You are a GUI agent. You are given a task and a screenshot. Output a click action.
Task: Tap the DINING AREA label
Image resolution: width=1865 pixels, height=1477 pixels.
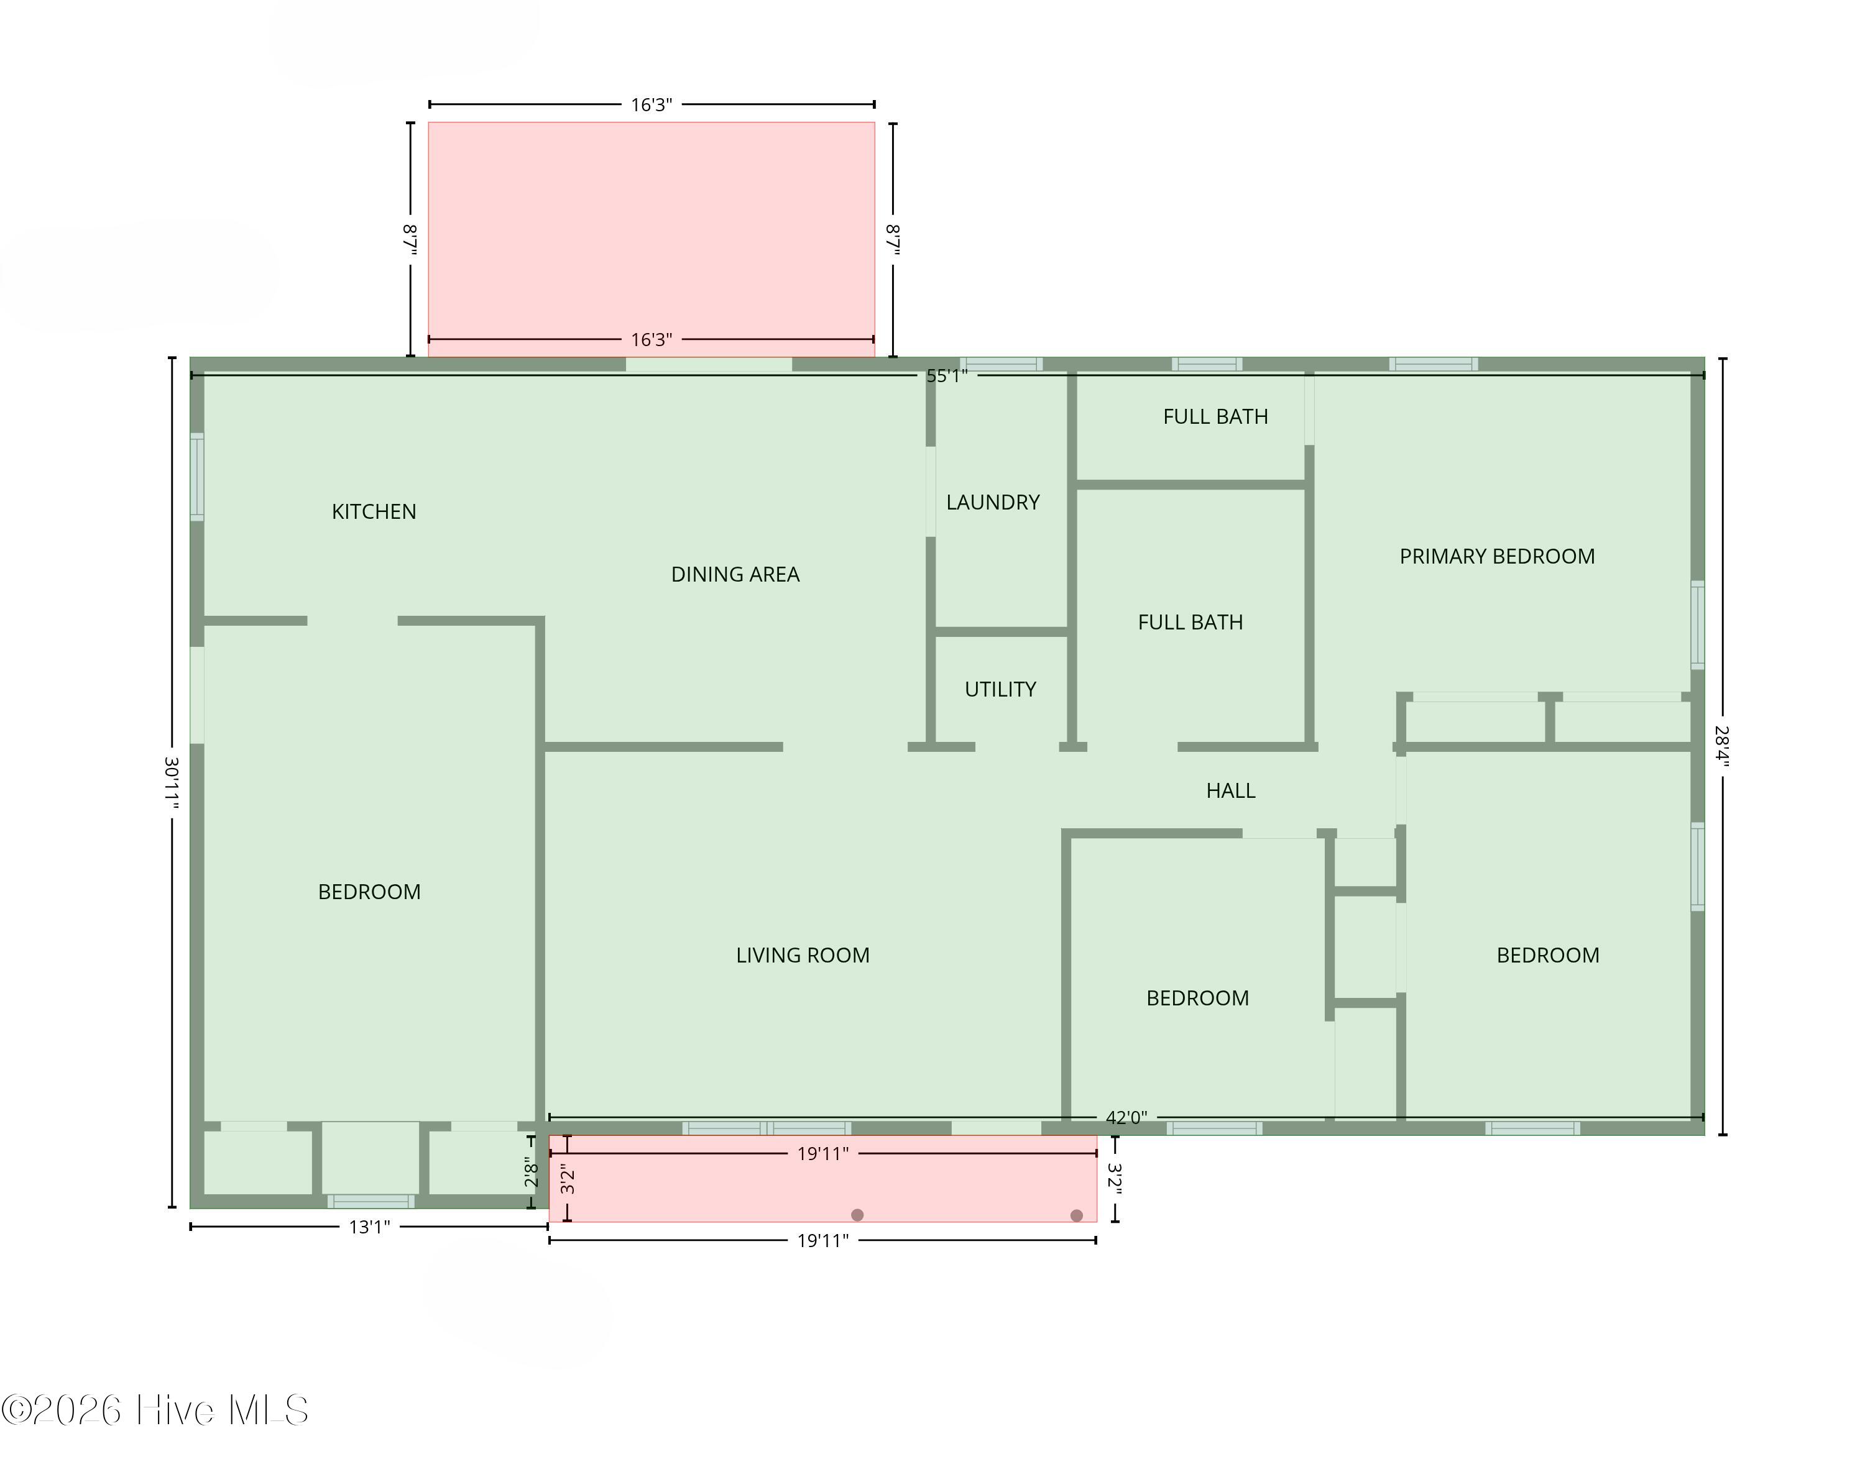tap(735, 574)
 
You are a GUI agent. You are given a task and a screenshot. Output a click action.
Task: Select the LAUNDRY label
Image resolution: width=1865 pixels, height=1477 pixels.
tap(993, 503)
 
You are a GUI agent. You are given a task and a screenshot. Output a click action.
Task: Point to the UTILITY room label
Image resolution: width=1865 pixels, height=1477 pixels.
tap(1000, 689)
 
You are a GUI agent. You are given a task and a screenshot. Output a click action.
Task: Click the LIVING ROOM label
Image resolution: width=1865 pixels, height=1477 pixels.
tap(803, 956)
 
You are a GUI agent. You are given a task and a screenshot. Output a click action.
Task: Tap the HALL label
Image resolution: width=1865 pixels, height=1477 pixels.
tap(1231, 790)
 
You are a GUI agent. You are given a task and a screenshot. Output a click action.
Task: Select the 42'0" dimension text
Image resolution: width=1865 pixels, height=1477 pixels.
tap(1126, 1117)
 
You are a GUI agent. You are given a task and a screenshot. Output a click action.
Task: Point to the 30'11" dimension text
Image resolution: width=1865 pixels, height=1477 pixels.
tap(172, 782)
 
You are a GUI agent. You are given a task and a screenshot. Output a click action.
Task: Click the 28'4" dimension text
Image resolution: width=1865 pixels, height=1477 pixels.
tap(1722, 746)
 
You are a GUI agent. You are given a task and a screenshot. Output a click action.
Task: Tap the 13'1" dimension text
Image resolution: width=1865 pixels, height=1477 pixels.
tap(369, 1227)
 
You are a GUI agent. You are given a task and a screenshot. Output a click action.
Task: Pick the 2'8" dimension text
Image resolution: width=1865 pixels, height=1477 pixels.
tap(531, 1174)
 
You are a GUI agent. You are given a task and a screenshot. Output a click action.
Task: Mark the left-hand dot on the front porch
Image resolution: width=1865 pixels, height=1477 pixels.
tap(857, 1215)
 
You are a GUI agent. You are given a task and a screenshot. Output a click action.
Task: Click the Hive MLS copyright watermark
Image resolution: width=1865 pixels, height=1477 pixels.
tap(155, 1411)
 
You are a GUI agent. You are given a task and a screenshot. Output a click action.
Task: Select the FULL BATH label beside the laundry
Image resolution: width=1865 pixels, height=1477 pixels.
tap(1190, 622)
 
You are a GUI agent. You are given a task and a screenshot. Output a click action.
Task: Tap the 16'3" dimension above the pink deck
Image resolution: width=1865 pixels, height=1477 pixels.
tap(652, 104)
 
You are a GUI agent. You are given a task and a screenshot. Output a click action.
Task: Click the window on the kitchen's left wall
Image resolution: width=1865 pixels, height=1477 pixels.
tap(197, 477)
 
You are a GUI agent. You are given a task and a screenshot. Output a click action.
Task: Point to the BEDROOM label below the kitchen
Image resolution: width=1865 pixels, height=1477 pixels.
tap(369, 892)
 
